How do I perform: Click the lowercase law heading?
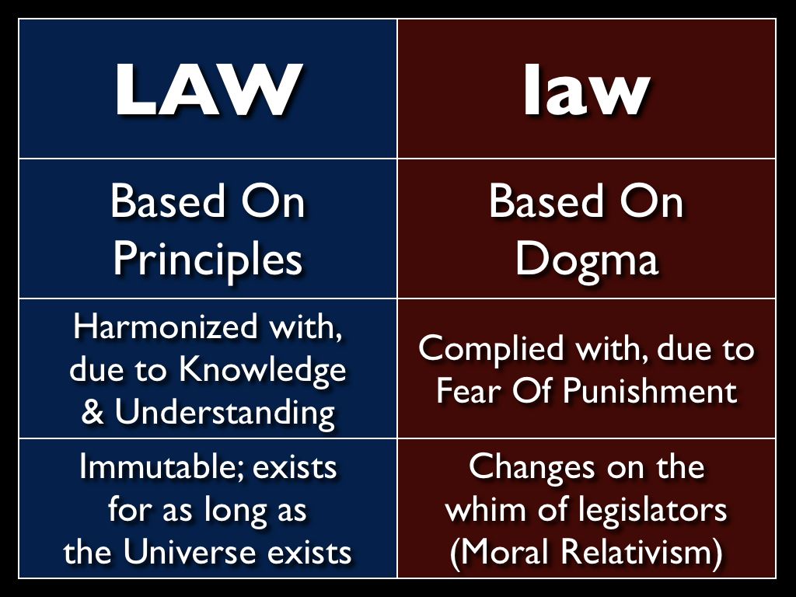click(x=586, y=90)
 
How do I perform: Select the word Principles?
click(x=207, y=260)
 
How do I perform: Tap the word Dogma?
click(x=586, y=260)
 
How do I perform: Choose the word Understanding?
click(x=225, y=412)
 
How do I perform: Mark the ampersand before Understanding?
click(x=92, y=412)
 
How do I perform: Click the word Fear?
click(x=466, y=391)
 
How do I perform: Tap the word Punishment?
click(x=649, y=391)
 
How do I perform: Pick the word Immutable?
click(x=162, y=467)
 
